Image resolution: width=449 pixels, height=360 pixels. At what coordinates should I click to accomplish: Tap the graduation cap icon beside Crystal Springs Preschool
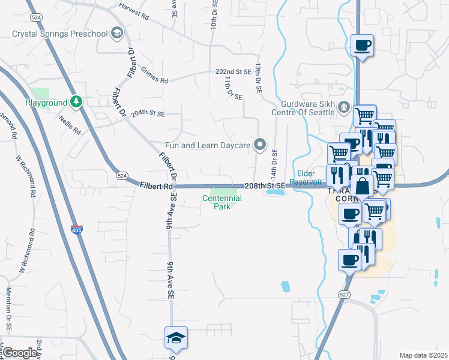click(x=118, y=34)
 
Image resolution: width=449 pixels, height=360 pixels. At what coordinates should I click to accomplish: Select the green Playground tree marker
click(x=76, y=102)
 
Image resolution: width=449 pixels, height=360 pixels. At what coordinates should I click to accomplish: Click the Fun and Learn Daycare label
click(x=207, y=145)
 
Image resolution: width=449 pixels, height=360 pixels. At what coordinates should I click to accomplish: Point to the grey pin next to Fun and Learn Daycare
click(x=260, y=145)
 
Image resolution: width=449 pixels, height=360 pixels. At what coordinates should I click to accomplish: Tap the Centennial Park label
click(x=221, y=202)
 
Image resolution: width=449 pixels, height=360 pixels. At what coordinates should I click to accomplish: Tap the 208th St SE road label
click(x=264, y=187)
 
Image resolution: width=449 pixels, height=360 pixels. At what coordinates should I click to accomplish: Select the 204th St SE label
click(x=148, y=112)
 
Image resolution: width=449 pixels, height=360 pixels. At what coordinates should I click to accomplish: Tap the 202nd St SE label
click(x=234, y=71)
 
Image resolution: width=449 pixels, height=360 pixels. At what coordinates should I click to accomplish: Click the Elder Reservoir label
click(x=303, y=178)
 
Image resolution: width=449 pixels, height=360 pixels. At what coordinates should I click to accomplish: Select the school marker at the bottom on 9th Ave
click(x=176, y=338)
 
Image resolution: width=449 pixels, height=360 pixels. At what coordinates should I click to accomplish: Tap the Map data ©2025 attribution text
click(x=423, y=355)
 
